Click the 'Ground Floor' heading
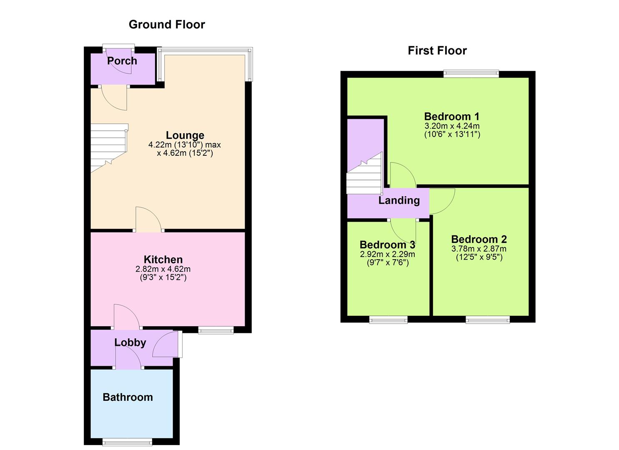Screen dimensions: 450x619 pos(167,25)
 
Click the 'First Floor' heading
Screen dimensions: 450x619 pos(437,51)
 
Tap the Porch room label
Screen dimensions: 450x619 pos(122,61)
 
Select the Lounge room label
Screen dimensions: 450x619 pos(185,135)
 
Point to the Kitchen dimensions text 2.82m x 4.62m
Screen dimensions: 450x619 pos(163,269)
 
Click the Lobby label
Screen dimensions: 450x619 pos(130,342)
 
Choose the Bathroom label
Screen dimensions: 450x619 pos(128,397)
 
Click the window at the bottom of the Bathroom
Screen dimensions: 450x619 pos(127,442)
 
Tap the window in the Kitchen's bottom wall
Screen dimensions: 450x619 pos(216,330)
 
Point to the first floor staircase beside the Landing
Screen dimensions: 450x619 pos(364,177)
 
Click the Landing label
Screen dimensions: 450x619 pos(399,200)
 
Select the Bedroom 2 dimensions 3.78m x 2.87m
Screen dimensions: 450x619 pos(479,249)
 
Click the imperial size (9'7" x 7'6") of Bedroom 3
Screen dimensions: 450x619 pos(387,262)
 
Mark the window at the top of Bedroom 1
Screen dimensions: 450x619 pos(471,74)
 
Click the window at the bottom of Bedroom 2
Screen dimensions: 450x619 pos(487,320)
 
